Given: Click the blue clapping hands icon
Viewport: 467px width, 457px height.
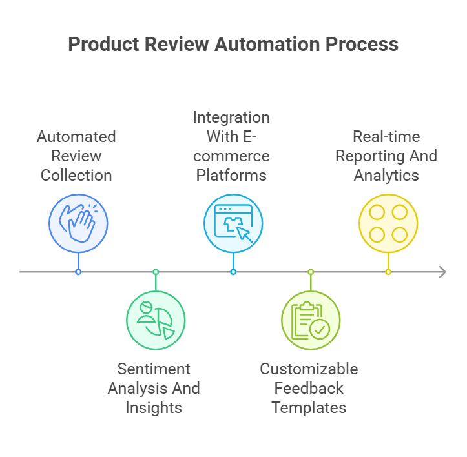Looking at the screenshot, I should (78, 223).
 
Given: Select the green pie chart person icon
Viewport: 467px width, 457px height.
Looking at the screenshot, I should (156, 320).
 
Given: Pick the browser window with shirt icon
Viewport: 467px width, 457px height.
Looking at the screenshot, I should (233, 223).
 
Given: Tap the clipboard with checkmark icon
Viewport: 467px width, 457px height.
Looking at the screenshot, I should (311, 320).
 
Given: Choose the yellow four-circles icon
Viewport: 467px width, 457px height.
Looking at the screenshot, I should (388, 223).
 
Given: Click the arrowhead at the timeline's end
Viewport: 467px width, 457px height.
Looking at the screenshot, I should (442, 272).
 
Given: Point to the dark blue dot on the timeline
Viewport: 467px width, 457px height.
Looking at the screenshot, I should (78, 272).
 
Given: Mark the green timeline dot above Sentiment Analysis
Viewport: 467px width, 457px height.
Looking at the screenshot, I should (156, 272).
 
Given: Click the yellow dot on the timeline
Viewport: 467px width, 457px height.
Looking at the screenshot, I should (388, 272).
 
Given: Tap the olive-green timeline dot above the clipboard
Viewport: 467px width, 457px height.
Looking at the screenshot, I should (311, 272).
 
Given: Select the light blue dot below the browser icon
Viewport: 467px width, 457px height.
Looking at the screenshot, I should (233, 272).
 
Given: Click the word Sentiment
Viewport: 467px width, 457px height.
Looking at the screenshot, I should (154, 369).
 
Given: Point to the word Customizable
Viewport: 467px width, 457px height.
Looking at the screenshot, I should (309, 369).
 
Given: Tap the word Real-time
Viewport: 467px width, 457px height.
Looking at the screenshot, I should (386, 137).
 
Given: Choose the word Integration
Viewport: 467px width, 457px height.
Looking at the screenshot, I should (231, 117).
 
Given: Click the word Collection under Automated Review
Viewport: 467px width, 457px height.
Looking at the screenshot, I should (76, 176).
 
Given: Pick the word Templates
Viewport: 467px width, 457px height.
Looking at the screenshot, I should (309, 408).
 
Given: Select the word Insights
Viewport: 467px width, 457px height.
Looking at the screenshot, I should (154, 408).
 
